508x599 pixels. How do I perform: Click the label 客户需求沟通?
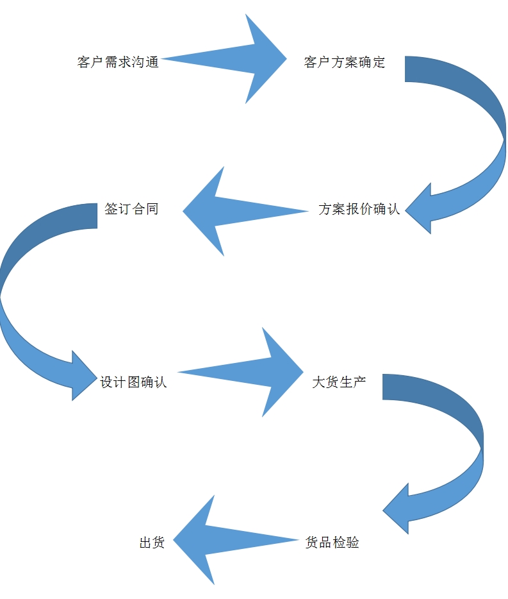point(118,62)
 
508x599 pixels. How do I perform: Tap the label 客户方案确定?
point(344,62)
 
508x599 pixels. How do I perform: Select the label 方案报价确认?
point(359,209)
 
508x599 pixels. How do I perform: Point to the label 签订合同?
point(131,209)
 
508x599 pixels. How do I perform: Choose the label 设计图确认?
point(133,382)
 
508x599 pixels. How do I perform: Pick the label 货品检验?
point(332,543)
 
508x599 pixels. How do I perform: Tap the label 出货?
point(152,543)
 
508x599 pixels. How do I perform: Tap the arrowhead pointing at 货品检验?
point(397,509)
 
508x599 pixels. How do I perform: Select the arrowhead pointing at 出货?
point(195,539)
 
